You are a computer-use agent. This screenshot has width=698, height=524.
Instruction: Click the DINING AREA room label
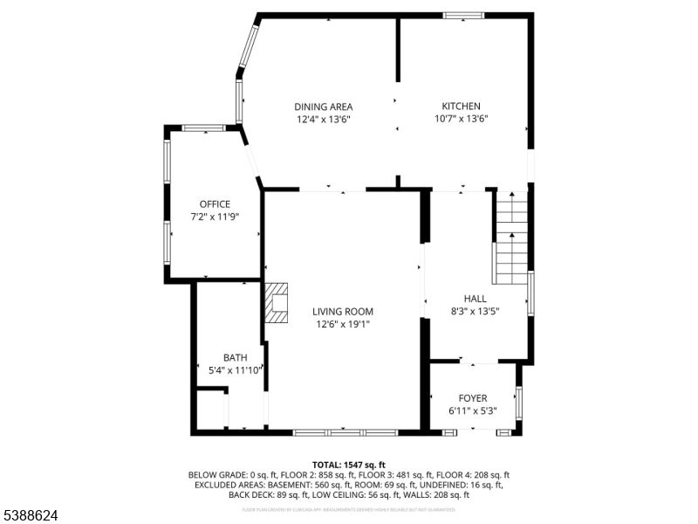(323, 107)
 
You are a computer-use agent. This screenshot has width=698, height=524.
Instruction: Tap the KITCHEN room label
(461, 107)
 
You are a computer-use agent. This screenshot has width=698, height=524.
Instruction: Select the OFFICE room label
(215, 204)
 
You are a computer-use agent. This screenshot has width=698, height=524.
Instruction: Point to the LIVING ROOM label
(343, 312)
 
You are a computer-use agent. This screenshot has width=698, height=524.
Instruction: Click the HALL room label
(475, 298)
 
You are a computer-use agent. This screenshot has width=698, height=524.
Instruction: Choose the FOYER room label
(473, 398)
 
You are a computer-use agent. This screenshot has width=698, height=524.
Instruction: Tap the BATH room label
(235, 358)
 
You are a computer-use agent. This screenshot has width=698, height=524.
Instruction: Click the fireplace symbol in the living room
(277, 302)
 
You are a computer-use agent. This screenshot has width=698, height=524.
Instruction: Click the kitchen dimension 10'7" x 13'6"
(461, 119)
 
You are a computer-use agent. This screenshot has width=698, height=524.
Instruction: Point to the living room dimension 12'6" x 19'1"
(343, 324)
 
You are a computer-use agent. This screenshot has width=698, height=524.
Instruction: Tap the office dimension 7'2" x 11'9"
(215, 217)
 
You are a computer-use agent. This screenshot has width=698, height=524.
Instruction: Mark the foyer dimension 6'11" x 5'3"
(473, 410)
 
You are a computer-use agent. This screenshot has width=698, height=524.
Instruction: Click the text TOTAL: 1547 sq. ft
(349, 465)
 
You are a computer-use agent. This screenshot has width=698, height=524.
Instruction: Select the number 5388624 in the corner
(30, 516)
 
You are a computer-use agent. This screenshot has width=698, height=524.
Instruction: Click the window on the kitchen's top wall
(463, 15)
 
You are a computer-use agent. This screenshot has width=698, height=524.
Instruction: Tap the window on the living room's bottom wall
(345, 431)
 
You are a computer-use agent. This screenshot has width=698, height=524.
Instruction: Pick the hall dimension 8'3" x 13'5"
(475, 310)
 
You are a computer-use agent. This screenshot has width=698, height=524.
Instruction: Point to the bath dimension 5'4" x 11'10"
(235, 370)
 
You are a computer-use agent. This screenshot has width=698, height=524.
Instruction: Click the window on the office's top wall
(203, 128)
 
